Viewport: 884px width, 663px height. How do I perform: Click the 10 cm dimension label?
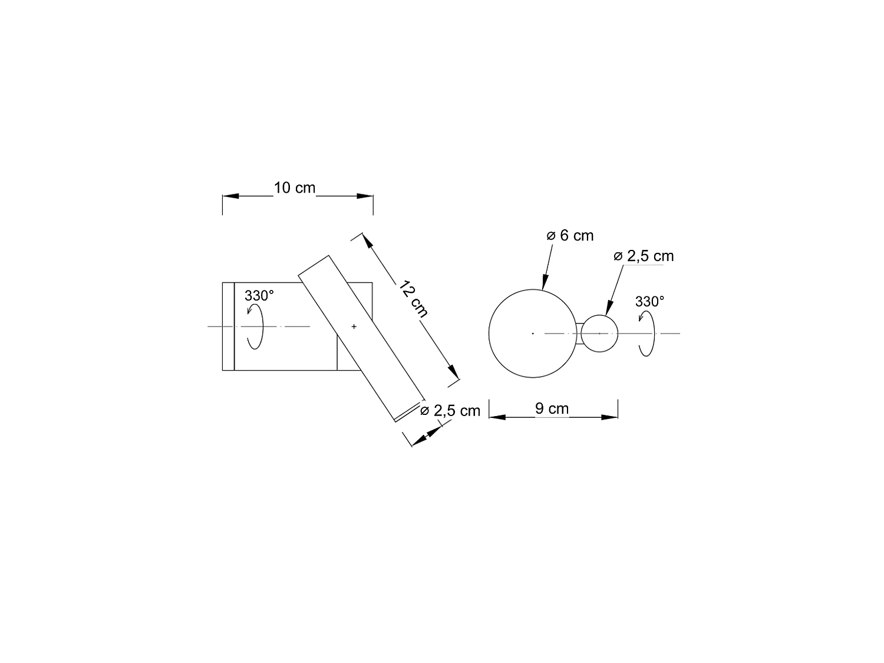click(295, 188)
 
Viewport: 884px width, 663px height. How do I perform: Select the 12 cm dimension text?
click(413, 299)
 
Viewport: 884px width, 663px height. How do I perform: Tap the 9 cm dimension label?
click(552, 408)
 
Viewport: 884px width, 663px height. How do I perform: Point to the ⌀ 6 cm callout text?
click(570, 236)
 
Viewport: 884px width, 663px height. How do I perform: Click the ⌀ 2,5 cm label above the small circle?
click(644, 256)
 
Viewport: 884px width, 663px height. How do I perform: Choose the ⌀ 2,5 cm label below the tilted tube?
click(450, 411)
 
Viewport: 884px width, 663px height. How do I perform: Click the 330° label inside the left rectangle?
click(259, 296)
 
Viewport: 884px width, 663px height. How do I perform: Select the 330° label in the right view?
click(649, 302)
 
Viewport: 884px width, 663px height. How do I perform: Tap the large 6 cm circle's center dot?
click(533, 334)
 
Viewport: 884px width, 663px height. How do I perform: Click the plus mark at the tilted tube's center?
click(354, 326)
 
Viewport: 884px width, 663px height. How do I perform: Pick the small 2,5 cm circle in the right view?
click(599, 334)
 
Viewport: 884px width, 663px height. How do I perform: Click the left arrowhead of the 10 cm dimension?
click(230, 196)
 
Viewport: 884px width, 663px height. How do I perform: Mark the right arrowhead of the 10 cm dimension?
click(365, 196)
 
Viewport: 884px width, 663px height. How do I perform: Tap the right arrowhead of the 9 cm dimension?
click(609, 417)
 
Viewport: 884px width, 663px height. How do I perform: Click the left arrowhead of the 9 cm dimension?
click(497, 417)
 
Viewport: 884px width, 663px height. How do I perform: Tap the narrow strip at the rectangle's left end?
click(228, 326)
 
